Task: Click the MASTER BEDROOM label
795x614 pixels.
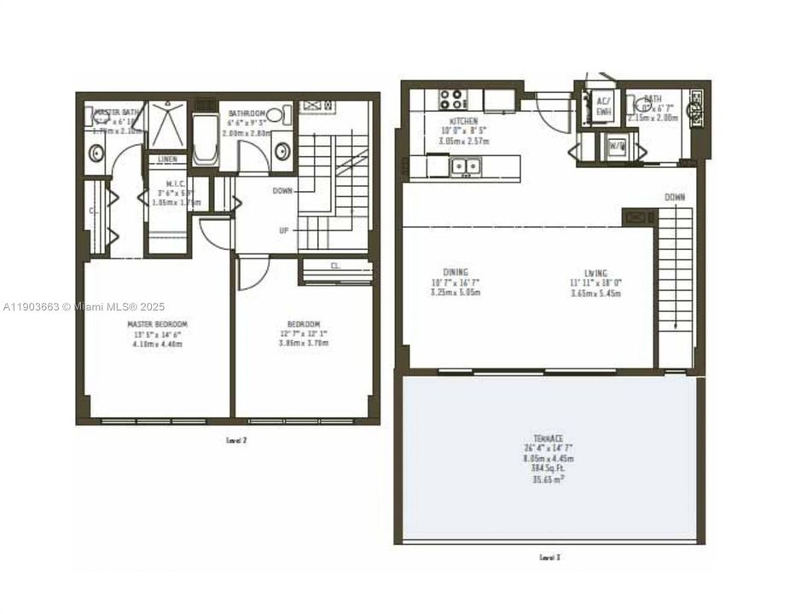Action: (157, 324)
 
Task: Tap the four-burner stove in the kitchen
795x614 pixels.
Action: (452, 98)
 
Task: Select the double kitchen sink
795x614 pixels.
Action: (466, 166)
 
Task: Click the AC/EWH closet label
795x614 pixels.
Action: (604, 104)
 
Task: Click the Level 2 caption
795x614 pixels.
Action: (235, 441)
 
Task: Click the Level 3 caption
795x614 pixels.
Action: (549, 558)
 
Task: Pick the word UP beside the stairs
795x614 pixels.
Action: (283, 230)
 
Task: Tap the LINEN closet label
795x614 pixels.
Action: (167, 159)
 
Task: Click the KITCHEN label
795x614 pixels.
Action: (461, 122)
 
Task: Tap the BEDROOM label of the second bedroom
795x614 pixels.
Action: (303, 324)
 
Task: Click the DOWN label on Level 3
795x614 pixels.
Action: (674, 197)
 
